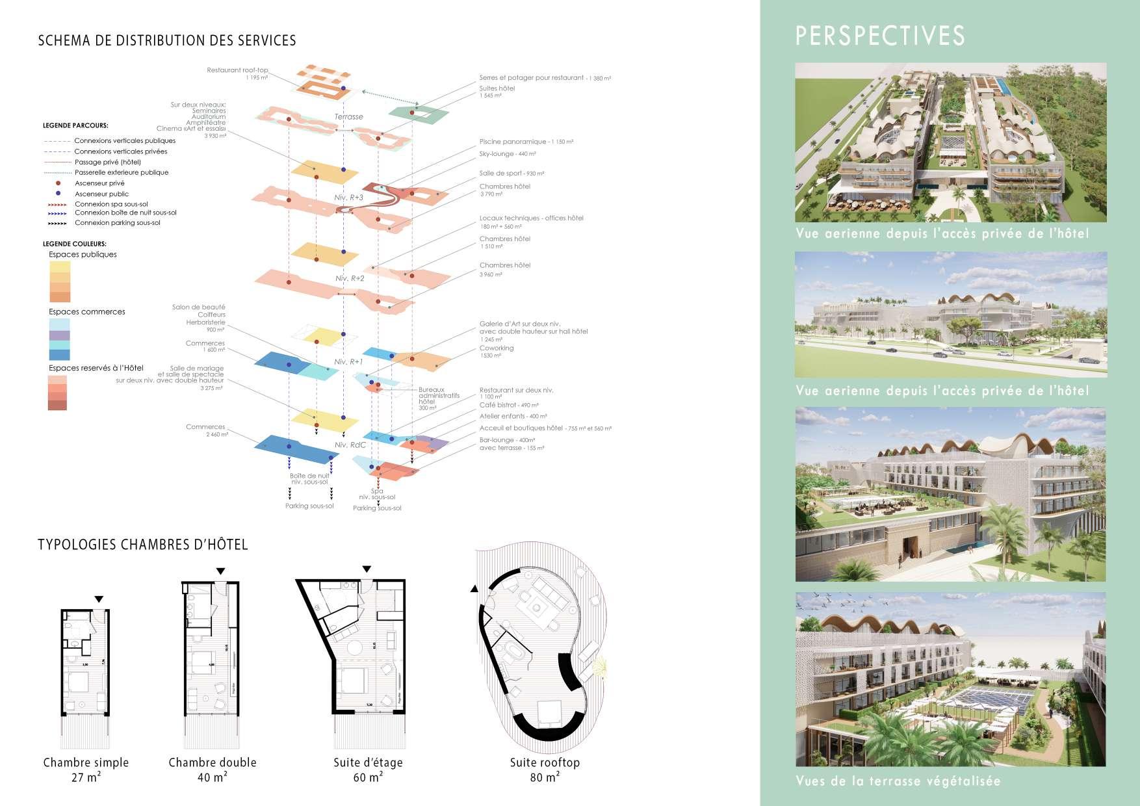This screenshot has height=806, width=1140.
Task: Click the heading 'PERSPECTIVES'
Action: point(880,36)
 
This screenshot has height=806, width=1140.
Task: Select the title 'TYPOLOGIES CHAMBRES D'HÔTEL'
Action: point(143,545)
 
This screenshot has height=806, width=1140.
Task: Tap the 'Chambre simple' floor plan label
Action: point(86,762)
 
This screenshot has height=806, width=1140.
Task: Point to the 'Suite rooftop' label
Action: point(545,762)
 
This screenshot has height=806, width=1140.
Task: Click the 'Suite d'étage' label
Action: point(368,762)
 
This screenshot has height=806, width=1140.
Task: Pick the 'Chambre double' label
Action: point(213,762)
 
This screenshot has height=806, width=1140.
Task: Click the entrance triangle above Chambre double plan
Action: point(220,571)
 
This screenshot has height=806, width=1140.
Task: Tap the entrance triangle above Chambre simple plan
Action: point(99,599)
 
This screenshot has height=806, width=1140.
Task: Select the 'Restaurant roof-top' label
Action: point(237,70)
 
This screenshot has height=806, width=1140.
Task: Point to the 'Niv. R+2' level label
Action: point(350,278)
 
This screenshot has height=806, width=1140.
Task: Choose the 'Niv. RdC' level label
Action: point(350,445)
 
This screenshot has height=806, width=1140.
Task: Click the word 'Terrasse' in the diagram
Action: point(349,117)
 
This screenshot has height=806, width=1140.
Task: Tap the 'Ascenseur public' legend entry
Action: point(101,194)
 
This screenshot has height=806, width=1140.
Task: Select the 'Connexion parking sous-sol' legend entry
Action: point(117,223)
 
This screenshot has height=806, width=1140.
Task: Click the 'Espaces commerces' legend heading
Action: point(87,312)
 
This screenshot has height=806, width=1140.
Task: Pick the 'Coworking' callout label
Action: point(497,348)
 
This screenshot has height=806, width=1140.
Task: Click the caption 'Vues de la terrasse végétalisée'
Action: point(898,781)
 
